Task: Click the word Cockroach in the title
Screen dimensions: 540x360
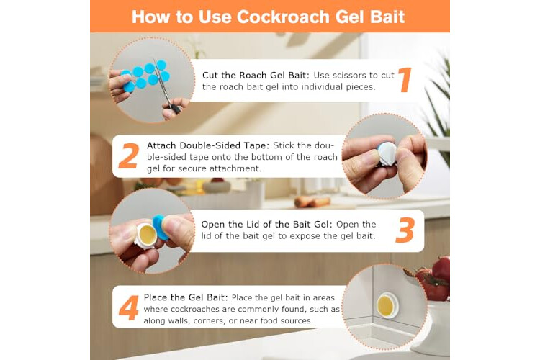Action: click(283, 17)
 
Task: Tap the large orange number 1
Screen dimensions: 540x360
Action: click(405, 80)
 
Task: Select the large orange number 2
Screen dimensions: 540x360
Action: click(129, 156)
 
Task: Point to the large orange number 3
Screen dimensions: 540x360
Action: click(405, 230)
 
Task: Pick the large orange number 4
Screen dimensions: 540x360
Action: click(128, 307)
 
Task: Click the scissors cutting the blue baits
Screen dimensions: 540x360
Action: click(167, 87)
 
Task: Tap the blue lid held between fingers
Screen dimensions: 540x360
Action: click(160, 227)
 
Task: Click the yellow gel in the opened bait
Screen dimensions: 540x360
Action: click(148, 234)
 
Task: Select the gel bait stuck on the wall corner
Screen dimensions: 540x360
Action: click(387, 305)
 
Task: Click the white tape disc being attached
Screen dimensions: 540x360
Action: click(387, 153)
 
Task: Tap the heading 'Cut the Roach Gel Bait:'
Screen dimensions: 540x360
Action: click(256, 75)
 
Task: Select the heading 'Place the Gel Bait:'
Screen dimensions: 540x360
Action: click(186, 297)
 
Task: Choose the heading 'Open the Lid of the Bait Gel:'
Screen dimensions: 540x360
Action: click(267, 224)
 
